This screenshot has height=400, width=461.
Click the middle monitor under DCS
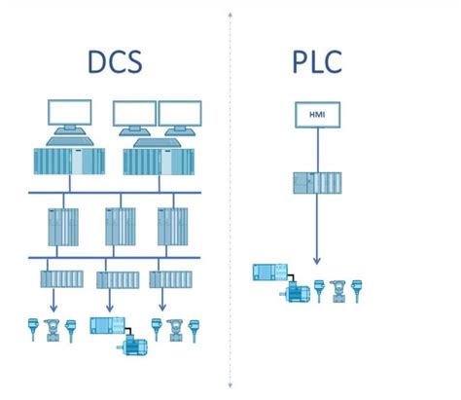click(134, 115)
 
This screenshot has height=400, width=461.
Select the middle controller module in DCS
click(119, 228)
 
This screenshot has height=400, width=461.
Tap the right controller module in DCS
click(171, 228)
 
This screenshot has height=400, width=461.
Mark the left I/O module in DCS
click(61, 279)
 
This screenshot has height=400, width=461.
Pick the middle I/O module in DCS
click(115, 279)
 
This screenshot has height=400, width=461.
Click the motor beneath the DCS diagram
click(131, 343)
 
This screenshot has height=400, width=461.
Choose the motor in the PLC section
click(296, 291)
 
